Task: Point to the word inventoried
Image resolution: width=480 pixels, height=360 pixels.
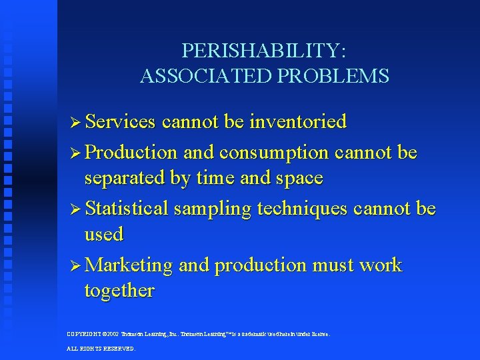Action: (298, 122)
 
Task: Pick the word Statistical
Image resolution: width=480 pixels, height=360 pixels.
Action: (127, 209)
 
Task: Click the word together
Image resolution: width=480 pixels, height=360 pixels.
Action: (119, 291)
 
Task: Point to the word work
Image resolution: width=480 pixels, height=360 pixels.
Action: (380, 265)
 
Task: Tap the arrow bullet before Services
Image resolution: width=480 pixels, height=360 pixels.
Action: (75, 123)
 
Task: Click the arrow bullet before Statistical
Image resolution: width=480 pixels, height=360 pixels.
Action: (75, 209)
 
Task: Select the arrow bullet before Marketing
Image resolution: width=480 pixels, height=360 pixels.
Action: (75, 265)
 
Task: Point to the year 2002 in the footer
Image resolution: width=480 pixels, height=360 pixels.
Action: (111, 334)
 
